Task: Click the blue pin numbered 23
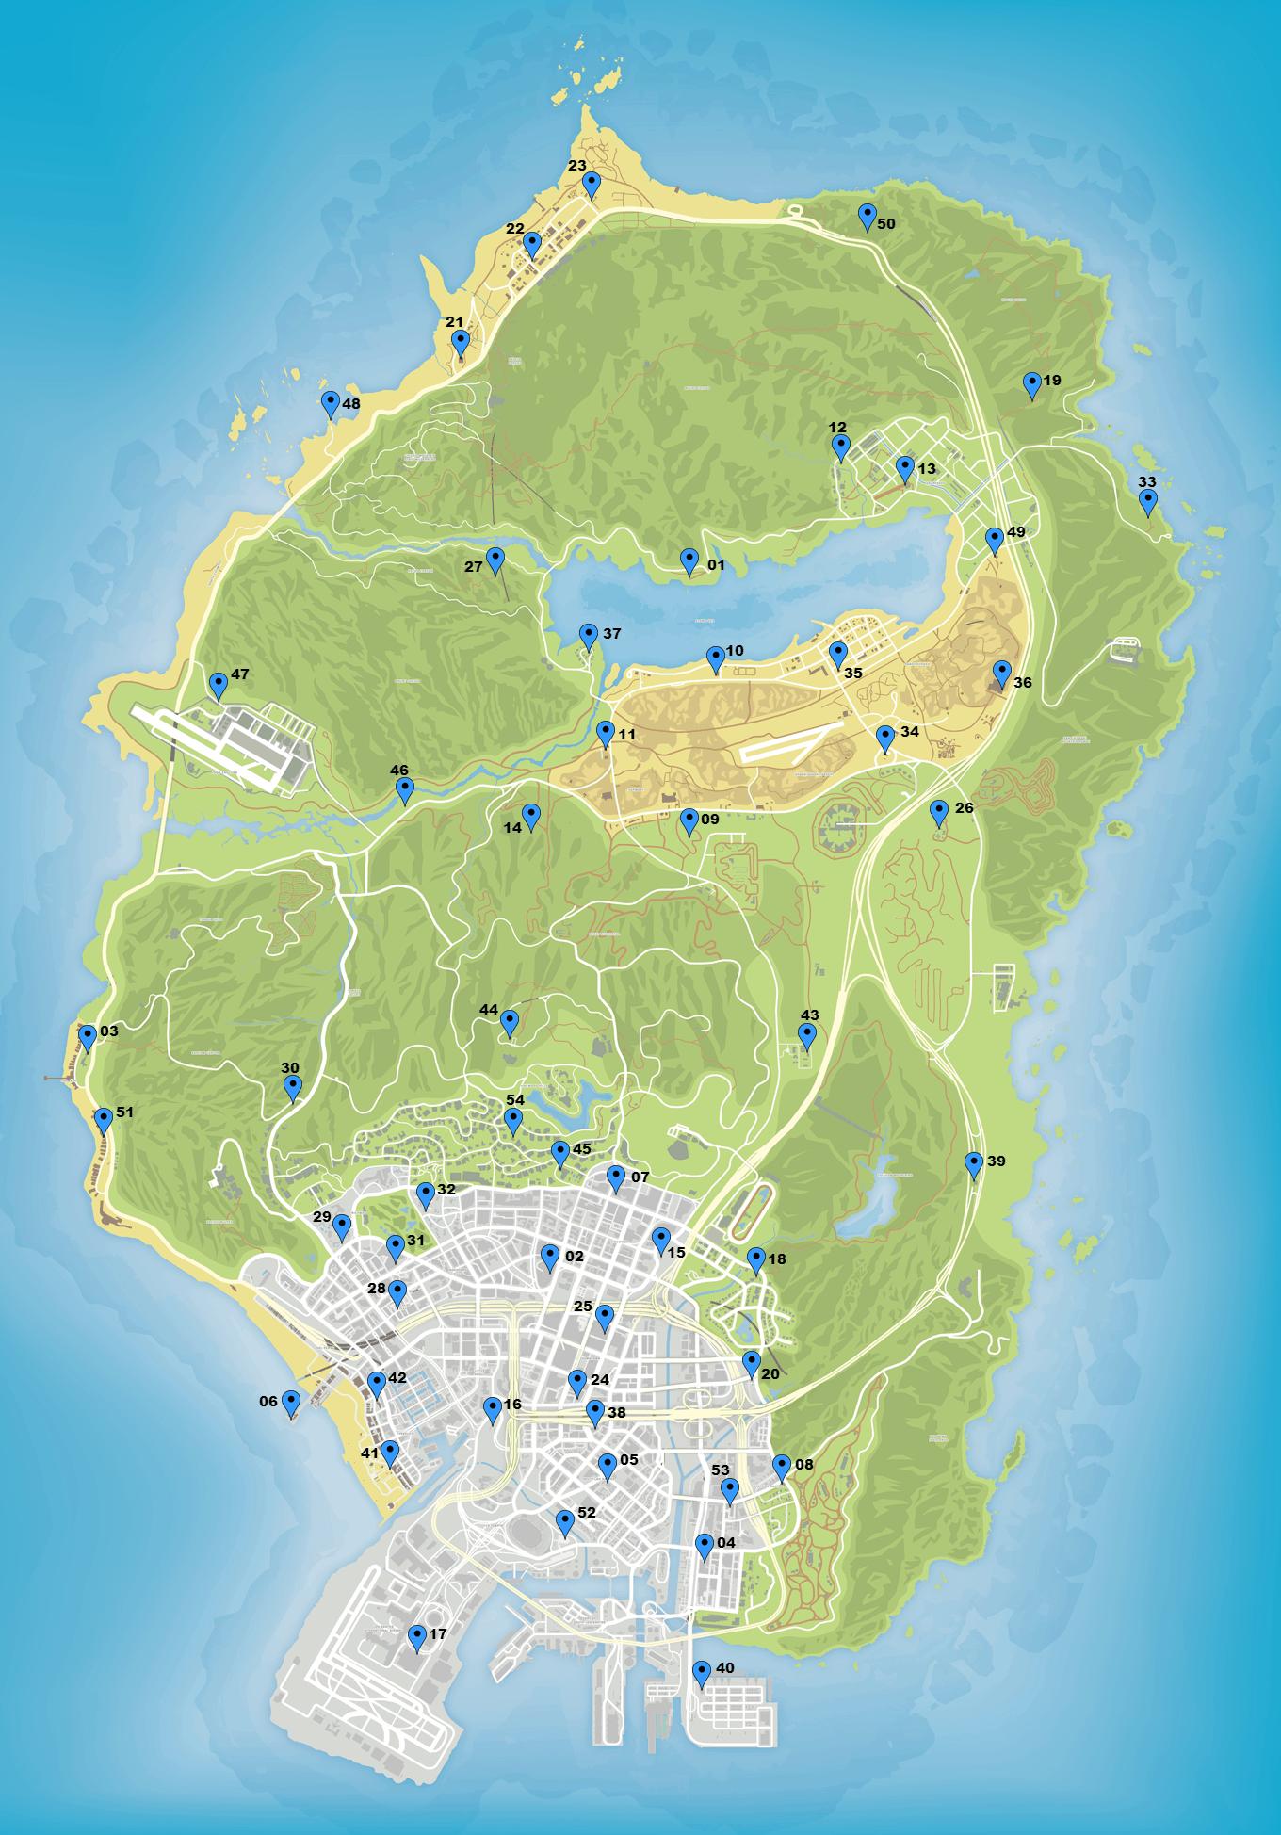click(591, 183)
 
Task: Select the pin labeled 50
click(867, 216)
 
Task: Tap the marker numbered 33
click(1147, 501)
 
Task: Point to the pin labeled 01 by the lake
click(689, 560)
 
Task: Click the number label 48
click(351, 404)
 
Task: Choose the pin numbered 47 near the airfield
click(219, 685)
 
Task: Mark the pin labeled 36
click(1001, 673)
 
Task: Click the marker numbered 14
click(530, 816)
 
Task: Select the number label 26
click(965, 808)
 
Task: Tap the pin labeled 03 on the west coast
click(88, 1037)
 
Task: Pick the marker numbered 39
click(974, 1164)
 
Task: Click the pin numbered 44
click(509, 1021)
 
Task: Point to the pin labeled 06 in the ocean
click(290, 1403)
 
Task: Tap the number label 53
click(721, 1470)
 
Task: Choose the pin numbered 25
click(605, 1317)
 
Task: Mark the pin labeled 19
click(1031, 383)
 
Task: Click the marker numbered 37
click(588, 636)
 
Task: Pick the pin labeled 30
click(292, 1087)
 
